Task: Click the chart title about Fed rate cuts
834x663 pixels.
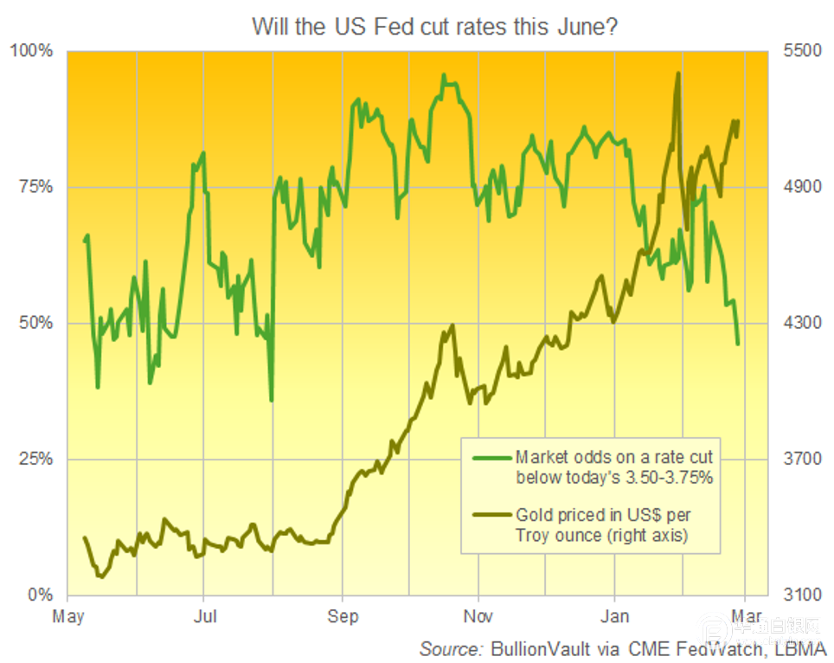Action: (433, 27)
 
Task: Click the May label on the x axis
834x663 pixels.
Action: (67, 616)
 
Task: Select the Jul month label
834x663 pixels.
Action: (204, 616)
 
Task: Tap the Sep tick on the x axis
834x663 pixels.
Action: (343, 616)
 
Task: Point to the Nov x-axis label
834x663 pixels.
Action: (478, 616)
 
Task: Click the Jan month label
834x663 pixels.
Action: (615, 616)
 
